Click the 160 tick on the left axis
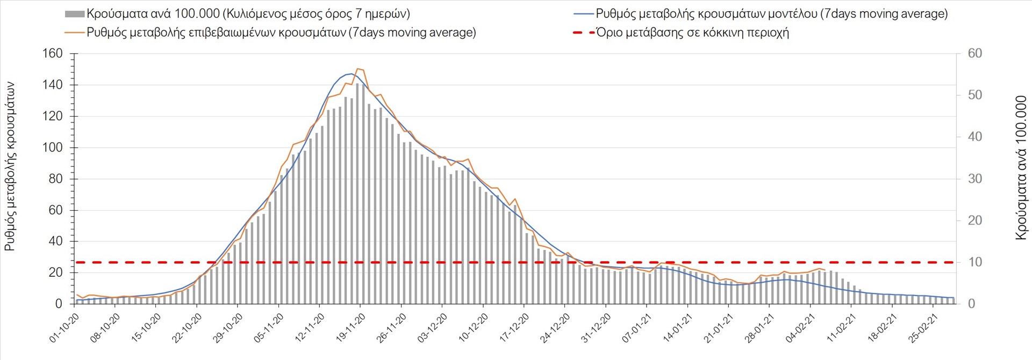point(53,54)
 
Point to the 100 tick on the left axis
point(53,148)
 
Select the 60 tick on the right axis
point(974,54)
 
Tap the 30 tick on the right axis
point(974,179)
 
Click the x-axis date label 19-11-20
point(351,328)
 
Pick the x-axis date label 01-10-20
point(64,328)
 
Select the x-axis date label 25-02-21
point(923,328)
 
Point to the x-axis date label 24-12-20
point(555,328)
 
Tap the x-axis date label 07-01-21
point(637,328)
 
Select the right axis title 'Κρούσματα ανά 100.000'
point(1021,168)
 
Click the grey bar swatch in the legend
point(75,14)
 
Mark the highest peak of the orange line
point(358,69)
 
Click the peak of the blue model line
point(352,74)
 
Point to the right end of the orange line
point(825,270)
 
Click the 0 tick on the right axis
point(971,304)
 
